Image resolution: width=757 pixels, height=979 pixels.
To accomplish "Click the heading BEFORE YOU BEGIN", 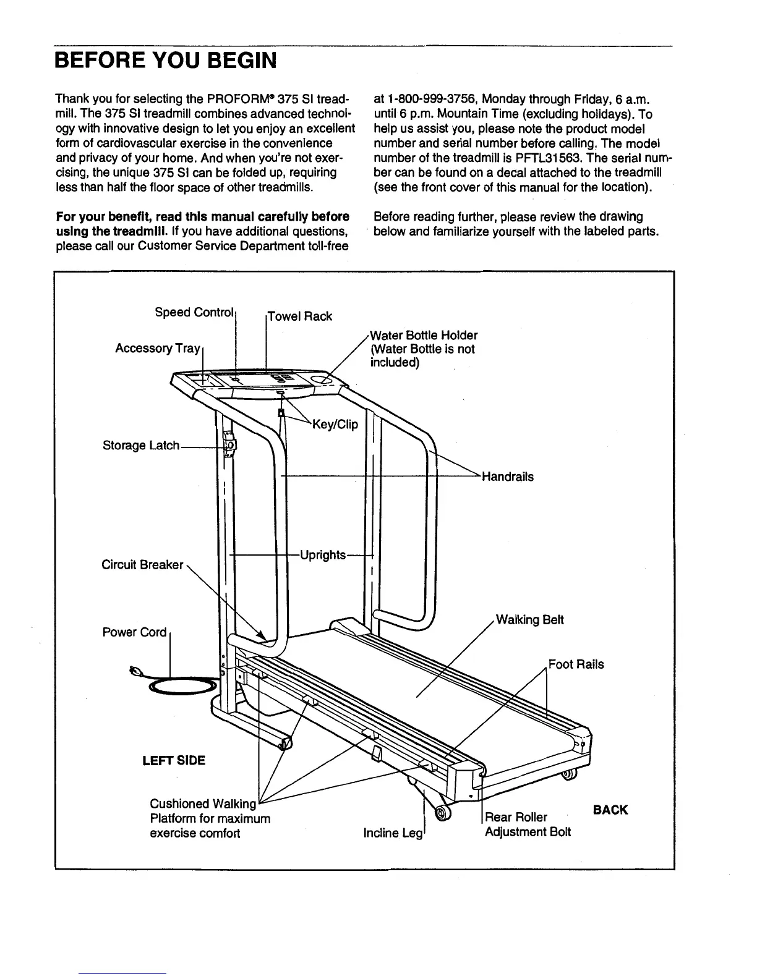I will [x=165, y=61].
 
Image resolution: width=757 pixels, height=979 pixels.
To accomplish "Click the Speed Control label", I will [x=194, y=312].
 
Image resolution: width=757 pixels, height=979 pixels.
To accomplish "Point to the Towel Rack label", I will [x=300, y=316].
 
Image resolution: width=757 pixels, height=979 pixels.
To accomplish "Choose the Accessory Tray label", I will [x=157, y=349].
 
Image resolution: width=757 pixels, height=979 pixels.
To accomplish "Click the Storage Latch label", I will [x=140, y=446].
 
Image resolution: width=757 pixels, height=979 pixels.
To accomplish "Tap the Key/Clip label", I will [x=336, y=424].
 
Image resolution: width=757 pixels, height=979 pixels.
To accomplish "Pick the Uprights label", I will [x=322, y=554].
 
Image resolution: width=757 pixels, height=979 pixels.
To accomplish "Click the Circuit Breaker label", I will [x=142, y=565].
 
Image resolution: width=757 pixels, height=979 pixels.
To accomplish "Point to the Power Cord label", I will [x=134, y=632].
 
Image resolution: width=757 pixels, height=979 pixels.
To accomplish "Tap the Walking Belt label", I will [x=530, y=620].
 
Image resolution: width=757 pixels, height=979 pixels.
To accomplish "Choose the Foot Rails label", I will [x=576, y=664].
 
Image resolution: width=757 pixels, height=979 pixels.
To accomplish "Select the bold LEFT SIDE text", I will [x=174, y=760].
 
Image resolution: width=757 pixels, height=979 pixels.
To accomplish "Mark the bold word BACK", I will [x=610, y=810].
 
